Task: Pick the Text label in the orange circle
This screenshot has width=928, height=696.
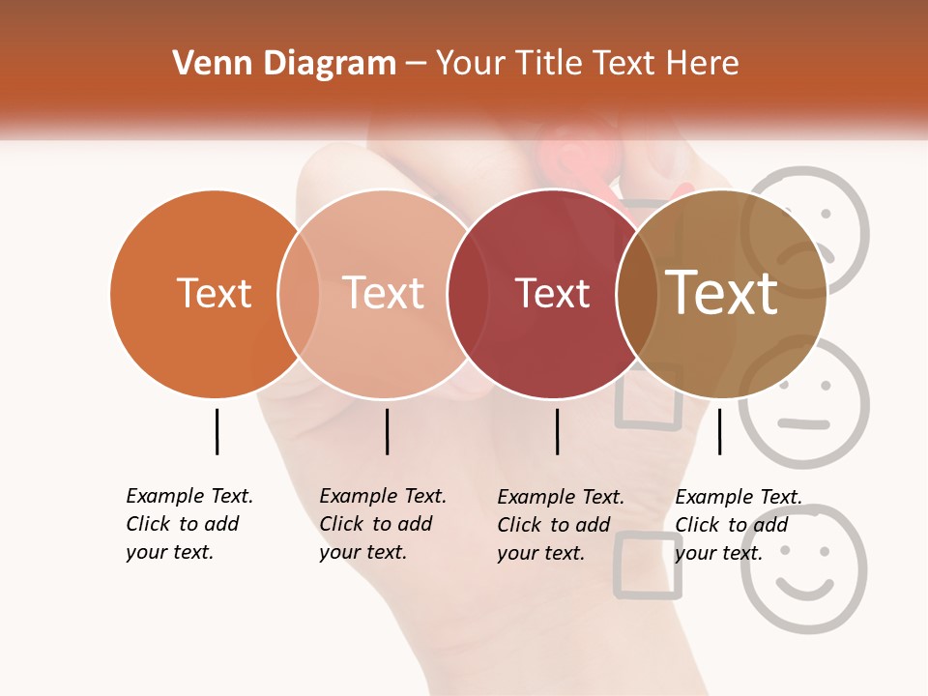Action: [x=214, y=293]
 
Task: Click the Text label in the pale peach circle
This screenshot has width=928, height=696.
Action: [x=384, y=293]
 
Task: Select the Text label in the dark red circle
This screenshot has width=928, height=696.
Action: [x=552, y=293]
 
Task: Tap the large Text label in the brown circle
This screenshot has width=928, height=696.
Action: [x=722, y=293]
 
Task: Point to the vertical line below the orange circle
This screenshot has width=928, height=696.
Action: [x=217, y=431]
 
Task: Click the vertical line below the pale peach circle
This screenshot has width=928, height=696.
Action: [x=387, y=431]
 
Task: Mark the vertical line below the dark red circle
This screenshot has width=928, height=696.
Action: [x=557, y=431]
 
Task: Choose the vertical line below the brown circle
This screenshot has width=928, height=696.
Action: [x=719, y=431]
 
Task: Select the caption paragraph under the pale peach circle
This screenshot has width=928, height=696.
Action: [x=383, y=524]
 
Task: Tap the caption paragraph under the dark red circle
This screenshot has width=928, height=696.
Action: [x=561, y=525]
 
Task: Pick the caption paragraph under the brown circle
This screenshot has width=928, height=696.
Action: [x=739, y=525]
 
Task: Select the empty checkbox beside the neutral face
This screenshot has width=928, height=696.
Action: [x=649, y=396]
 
